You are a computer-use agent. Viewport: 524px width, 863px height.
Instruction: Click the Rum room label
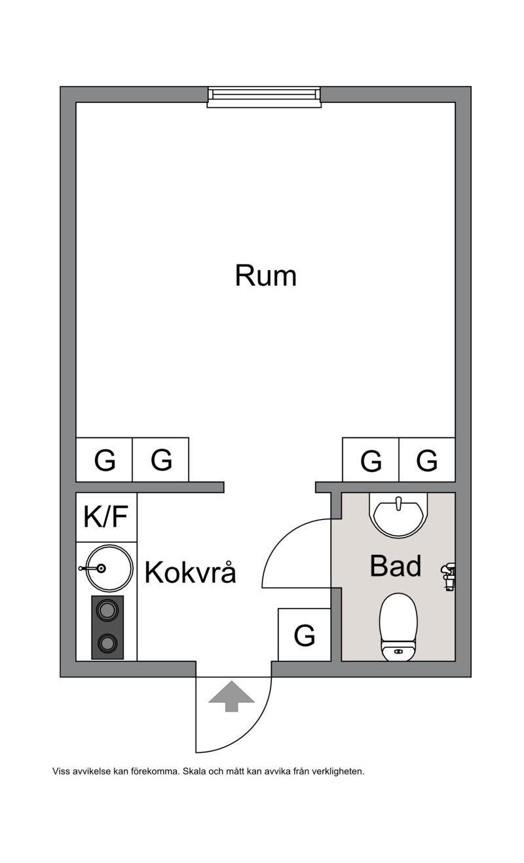(x=265, y=275)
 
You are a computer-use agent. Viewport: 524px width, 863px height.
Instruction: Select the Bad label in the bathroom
(x=396, y=565)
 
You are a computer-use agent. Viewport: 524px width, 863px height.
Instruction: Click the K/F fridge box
(x=106, y=517)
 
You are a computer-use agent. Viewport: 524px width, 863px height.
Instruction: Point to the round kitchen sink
(x=109, y=568)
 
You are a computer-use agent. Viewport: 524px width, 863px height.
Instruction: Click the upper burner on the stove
(x=107, y=611)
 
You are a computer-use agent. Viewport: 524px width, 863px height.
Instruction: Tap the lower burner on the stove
(x=107, y=643)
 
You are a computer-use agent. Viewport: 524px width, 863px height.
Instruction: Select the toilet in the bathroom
(x=398, y=627)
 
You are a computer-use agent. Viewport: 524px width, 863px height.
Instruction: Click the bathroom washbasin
(x=398, y=515)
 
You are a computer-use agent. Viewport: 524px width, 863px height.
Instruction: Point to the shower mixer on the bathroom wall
(x=449, y=576)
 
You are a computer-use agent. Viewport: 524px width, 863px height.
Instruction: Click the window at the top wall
(x=264, y=97)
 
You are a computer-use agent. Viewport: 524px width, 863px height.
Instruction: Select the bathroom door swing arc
(x=282, y=538)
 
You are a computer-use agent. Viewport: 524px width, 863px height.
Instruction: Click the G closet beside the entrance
(x=305, y=635)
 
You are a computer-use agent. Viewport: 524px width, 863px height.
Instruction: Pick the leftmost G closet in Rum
(x=104, y=460)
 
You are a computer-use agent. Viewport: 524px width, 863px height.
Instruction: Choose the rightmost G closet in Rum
(x=427, y=460)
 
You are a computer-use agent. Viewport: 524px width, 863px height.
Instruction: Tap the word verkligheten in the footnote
(x=338, y=771)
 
